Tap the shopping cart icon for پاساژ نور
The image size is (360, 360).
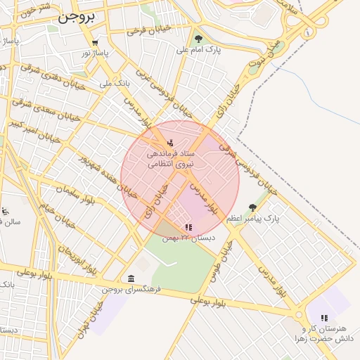[95, 42]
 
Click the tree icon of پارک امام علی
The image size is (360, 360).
[198, 39]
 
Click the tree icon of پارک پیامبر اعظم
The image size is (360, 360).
[252, 207]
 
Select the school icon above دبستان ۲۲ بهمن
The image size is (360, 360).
[188, 227]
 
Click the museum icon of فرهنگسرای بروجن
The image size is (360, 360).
[131, 278]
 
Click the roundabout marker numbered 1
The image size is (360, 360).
[307, 32]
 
